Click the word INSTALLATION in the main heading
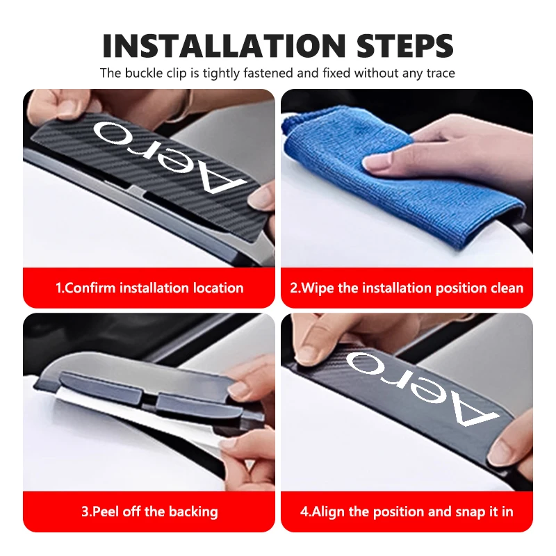click(224, 46)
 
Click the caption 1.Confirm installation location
click(149, 288)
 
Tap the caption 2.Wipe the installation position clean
click(407, 288)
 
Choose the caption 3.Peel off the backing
click(149, 512)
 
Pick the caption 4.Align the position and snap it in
click(407, 512)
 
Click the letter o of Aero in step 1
click(111, 133)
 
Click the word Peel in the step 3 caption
click(106, 512)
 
